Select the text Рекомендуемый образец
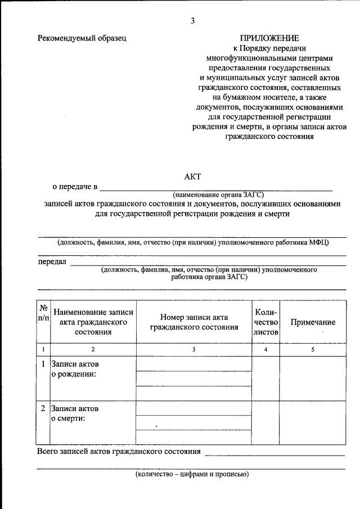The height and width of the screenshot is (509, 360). tap(82, 38)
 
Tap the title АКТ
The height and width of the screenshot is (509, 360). tap(192, 176)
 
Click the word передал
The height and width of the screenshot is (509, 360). tap(52, 262)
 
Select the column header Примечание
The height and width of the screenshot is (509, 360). tap(313, 322)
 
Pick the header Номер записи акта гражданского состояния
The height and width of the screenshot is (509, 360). tap(193, 322)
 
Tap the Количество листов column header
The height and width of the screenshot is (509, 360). tap(265, 322)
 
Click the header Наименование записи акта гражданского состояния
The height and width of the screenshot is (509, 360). tap(93, 322)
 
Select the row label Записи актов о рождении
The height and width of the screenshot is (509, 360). tap(75, 370)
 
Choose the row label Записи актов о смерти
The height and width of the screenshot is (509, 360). tap(75, 413)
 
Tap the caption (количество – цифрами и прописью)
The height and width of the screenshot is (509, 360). tap(192, 474)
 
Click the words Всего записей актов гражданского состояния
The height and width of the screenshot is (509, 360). tap(119, 452)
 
